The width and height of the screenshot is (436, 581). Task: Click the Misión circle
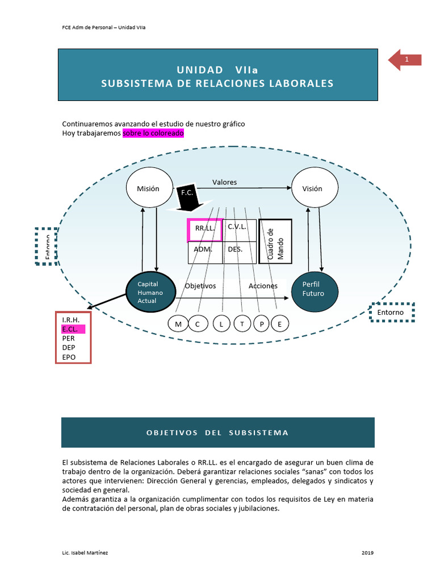(x=149, y=188)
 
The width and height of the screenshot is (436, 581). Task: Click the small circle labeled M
(x=178, y=324)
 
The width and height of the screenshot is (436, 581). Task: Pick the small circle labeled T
(x=242, y=324)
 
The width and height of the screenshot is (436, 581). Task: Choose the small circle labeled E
(x=279, y=324)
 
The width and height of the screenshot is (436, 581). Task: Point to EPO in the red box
(x=69, y=357)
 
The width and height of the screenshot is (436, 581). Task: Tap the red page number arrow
(x=405, y=60)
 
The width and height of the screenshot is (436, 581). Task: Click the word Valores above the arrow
(x=224, y=182)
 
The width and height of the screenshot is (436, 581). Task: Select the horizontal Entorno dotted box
(x=391, y=312)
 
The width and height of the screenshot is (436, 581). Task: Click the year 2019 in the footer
(x=367, y=552)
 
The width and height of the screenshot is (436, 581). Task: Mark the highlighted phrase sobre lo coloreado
(x=153, y=133)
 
